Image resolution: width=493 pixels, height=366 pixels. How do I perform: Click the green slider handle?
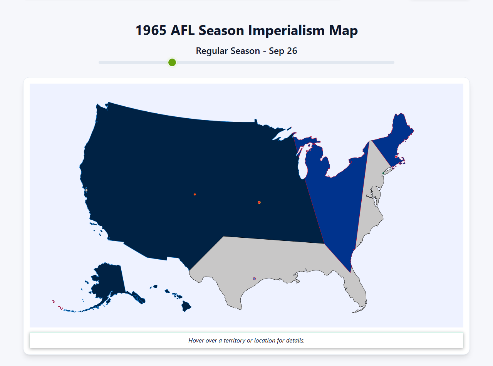172,62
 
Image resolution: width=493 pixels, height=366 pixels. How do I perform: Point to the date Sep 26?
283,51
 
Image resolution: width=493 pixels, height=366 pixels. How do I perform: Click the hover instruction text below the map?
246,341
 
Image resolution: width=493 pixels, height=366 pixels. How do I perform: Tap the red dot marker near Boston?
396,157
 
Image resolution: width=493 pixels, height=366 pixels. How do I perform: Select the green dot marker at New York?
383,173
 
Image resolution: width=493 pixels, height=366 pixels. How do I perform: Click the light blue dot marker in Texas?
254,279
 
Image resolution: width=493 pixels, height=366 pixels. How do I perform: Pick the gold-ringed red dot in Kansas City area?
259,202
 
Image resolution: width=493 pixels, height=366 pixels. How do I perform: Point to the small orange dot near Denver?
195,195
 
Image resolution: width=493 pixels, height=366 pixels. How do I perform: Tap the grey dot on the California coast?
86,190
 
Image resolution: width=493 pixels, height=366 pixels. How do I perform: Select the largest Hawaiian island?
186,307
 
